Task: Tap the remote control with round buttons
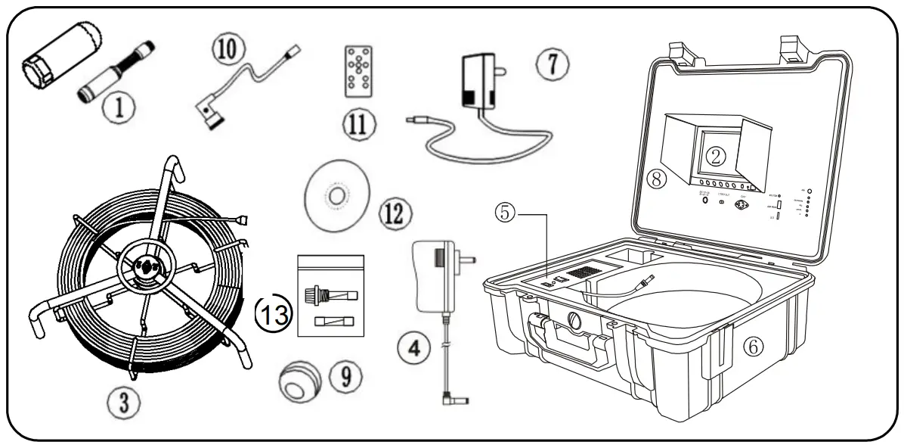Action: [358, 70]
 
